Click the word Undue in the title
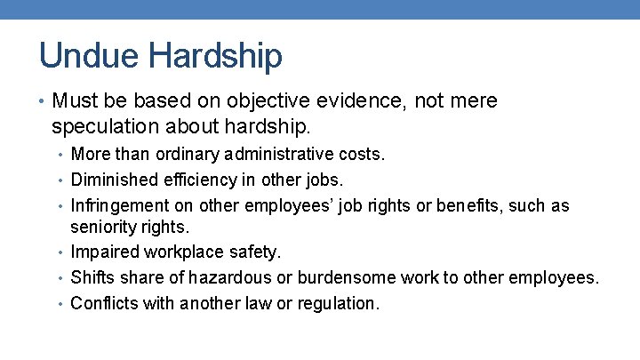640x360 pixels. [89, 55]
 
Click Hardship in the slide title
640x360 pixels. [215, 55]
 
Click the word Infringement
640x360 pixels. [117, 205]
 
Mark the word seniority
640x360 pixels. [103, 228]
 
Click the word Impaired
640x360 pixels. [101, 252]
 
